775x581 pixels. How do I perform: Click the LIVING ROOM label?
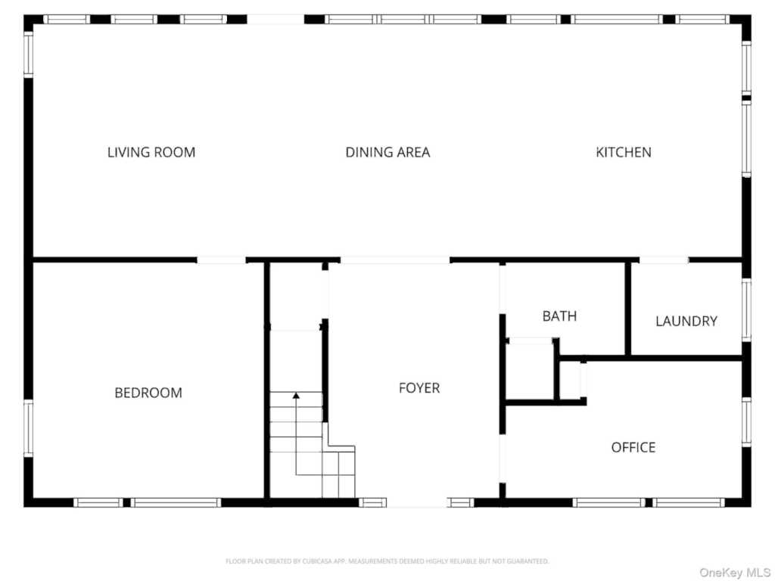coord(151,152)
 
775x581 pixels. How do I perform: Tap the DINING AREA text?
coord(387,152)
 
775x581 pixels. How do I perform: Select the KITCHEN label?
coord(624,152)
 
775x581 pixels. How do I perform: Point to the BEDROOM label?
coord(148,393)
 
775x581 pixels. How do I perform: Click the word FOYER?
coord(419,388)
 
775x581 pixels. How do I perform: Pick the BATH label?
coord(559,315)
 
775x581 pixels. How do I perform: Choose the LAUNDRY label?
coord(686,321)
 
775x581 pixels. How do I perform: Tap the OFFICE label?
coord(633,447)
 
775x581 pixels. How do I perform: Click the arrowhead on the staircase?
coord(296,395)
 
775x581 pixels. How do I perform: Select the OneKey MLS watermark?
coord(734,572)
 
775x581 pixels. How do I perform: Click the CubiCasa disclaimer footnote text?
coord(387,561)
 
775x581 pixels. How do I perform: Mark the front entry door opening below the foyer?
coord(417,503)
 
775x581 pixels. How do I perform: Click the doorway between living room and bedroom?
coord(222,260)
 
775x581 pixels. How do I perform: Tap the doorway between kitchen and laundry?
coord(664,260)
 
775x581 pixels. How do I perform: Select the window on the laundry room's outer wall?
coord(746,309)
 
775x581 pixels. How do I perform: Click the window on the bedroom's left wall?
coord(28,428)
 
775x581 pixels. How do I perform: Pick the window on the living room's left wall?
coord(28,54)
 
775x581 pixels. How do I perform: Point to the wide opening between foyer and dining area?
coord(395,260)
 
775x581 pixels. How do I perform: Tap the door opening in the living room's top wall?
coord(275,19)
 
